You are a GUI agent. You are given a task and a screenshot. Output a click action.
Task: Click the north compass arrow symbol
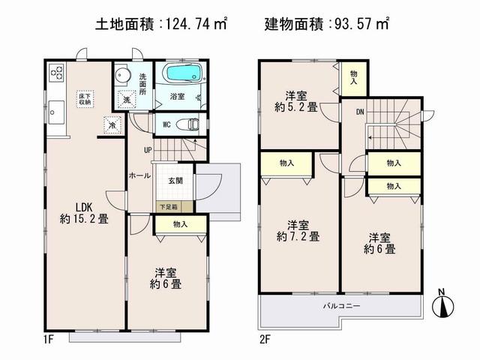pyautogui.click(x=443, y=304)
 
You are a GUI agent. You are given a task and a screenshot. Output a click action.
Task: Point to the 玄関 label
pyautogui.click(x=175, y=181)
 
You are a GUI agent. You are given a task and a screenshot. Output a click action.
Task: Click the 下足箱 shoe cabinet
pyautogui.click(x=167, y=205)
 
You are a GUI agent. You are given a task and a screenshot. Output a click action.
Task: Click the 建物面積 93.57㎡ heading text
pyautogui.click(x=327, y=25)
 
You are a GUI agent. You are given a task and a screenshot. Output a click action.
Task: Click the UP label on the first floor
pyautogui.click(x=148, y=151)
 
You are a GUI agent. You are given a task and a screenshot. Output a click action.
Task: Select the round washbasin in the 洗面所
pyautogui.click(x=123, y=75)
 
